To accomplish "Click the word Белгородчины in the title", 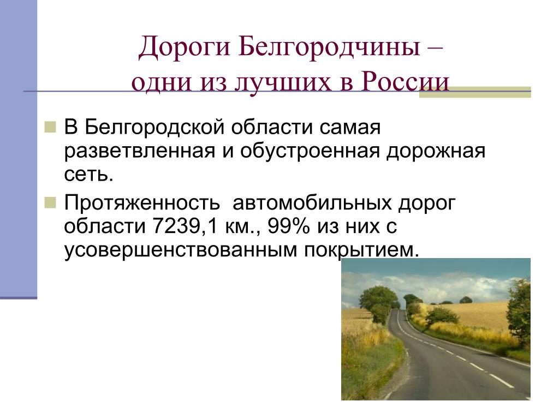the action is pyautogui.click(x=329, y=47).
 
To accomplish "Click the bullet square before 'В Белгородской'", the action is pyautogui.click(x=50, y=127).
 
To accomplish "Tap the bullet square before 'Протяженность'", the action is pyautogui.click(x=50, y=203).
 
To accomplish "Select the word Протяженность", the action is pyautogui.click(x=142, y=203).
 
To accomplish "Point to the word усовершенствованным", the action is pyautogui.click(x=181, y=250).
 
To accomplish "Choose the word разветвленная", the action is pyautogui.click(x=140, y=151).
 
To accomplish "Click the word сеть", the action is pyautogui.click(x=89, y=175).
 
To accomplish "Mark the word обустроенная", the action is pyautogui.click(x=310, y=151).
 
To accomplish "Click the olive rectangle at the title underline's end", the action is pyautogui.click(x=475, y=92).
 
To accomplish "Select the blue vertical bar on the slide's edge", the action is pyautogui.click(x=19, y=149).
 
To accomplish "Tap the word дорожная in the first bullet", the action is pyautogui.click(x=436, y=151).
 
